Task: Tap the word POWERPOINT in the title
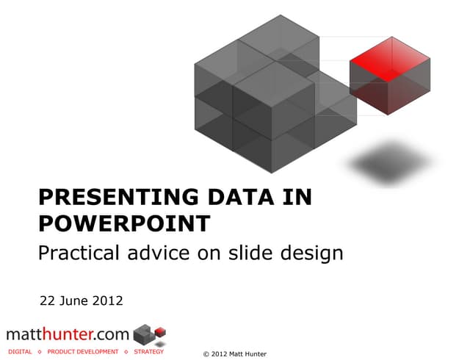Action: pos(123,223)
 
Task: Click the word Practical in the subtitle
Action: pos(80,254)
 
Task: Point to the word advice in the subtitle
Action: pos(168,254)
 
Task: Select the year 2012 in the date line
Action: pos(108,300)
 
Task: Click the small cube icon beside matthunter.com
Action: pos(151,334)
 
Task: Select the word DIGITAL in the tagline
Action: pos(20,352)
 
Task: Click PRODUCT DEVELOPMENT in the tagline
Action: pos(82,352)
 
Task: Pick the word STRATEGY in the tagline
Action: pos(148,352)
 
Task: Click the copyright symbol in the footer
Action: pos(205,354)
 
